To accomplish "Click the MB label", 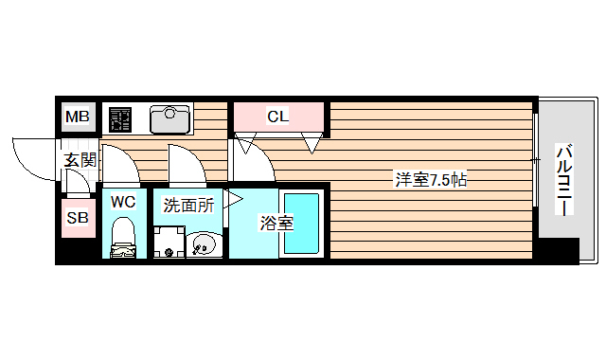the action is (78, 117).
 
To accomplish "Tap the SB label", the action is (78, 218).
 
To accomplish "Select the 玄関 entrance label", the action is (80, 159).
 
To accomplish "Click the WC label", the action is (124, 201).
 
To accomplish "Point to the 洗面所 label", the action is (188, 204).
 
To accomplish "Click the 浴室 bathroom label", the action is (276, 224).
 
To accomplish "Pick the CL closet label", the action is (276, 117).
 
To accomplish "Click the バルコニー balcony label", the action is (565, 180).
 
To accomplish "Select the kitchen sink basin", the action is (171, 117).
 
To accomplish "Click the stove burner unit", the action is (120, 118).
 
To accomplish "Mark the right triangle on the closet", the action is (311, 144).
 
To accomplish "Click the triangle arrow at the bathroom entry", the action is (234, 199).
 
